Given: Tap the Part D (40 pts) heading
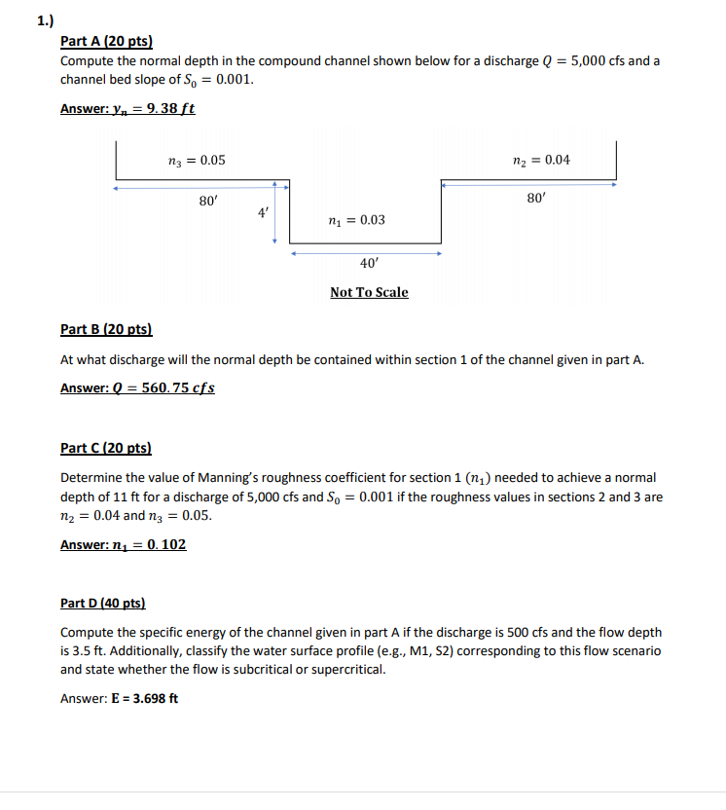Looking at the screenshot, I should pos(106,604).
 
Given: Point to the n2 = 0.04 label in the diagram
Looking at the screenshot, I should pos(541,160).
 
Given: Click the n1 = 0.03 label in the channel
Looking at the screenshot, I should pos(358,220).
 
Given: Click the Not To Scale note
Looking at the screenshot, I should pos(369,292).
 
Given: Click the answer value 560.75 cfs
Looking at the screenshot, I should pos(178,387).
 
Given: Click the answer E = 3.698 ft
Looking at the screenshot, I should pos(146,698).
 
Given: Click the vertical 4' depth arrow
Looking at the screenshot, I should pos(275,211).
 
